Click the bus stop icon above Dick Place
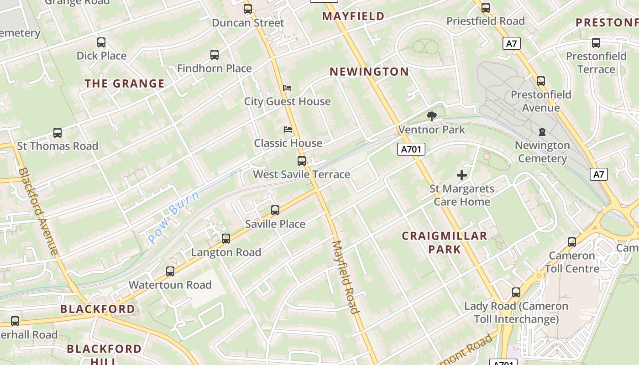point(101,42)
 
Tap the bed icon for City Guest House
point(287,88)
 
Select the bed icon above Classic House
point(288,130)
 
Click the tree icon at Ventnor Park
point(431,116)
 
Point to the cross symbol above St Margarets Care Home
point(462,175)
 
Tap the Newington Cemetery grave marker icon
point(542,132)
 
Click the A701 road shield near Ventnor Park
point(411,149)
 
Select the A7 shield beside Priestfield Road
point(512,43)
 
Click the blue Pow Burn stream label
point(173,218)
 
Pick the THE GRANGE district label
point(125,83)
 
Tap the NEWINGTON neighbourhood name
point(369,72)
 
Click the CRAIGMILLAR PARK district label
point(444,242)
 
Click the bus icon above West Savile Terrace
point(302,161)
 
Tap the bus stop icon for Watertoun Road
point(170,271)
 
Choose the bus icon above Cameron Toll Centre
point(572,242)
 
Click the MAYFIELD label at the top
point(353,16)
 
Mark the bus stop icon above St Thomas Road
point(58,133)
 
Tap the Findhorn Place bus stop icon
point(215,55)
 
